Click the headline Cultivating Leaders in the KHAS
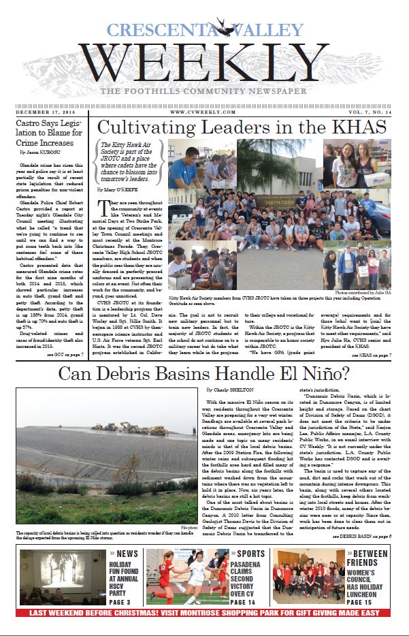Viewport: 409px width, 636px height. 241,127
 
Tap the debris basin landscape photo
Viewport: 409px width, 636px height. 106,464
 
